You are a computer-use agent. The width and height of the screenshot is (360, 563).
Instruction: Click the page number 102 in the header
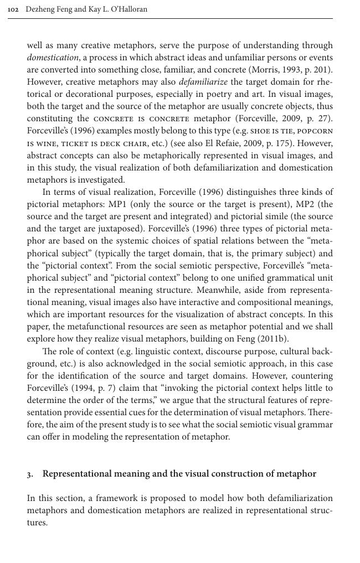(13, 9)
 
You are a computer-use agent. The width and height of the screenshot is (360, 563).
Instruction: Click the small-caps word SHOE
(260, 131)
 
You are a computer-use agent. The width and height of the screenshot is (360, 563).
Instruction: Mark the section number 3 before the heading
(29, 474)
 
